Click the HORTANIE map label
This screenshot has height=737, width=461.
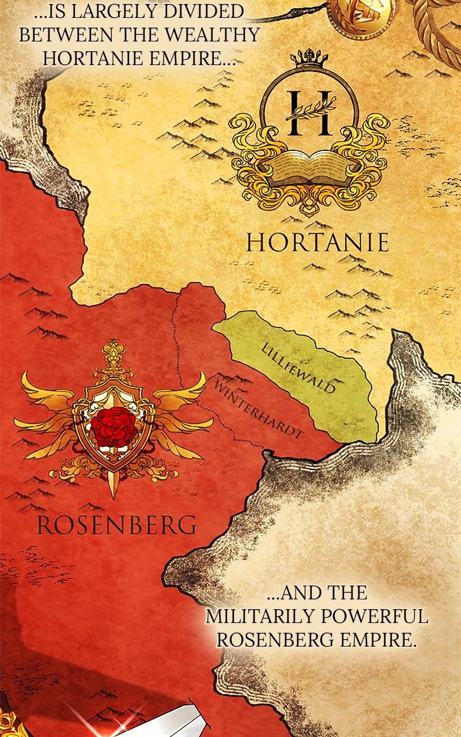pos(318,242)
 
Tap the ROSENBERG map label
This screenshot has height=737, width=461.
pos(115,525)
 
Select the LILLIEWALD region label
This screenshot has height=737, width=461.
pos(298,368)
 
